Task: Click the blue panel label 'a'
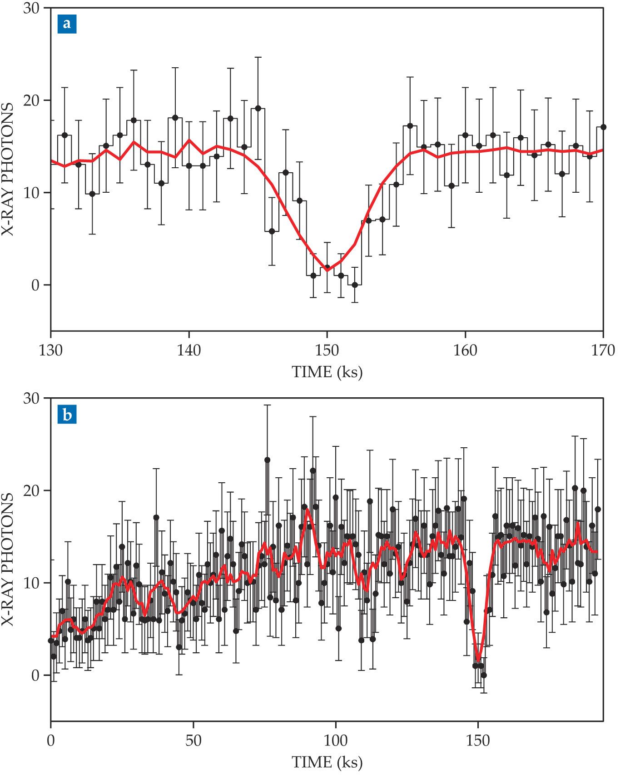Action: [67, 24]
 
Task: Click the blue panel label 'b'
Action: [67, 415]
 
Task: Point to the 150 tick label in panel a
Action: [327, 350]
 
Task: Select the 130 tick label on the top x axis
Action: [51, 350]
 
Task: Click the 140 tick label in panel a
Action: [189, 350]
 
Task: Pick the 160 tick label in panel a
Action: [465, 350]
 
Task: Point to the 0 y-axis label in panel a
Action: [35, 285]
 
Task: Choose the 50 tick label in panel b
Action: [193, 741]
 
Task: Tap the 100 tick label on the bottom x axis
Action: [336, 741]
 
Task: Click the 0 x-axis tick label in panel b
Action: [51, 741]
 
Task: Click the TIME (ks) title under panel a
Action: [327, 372]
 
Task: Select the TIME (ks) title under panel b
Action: [327, 762]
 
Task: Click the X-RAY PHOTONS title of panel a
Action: [8, 169]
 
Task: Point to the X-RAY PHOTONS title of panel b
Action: [8, 559]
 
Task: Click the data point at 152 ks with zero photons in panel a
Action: [355, 285]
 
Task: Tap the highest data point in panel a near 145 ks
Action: [258, 108]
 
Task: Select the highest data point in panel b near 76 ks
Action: [267, 460]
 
